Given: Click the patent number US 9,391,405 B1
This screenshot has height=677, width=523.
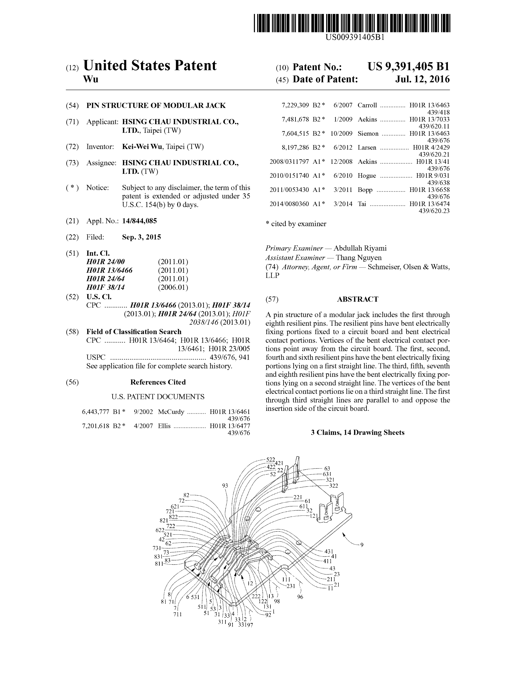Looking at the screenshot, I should click(x=408, y=67).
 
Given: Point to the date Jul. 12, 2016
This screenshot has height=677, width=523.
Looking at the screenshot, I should click(x=422, y=79).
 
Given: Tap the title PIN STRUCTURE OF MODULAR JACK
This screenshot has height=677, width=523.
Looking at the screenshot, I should click(x=156, y=105).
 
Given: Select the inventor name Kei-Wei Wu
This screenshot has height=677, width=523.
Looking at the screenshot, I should click(x=142, y=147).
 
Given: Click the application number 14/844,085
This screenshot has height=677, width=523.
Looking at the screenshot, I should click(x=139, y=221).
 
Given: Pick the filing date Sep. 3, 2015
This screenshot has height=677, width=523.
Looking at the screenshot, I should click(x=141, y=237).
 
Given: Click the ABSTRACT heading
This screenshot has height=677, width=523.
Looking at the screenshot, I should click(x=357, y=299).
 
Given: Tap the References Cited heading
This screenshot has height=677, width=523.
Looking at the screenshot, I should click(x=158, y=382).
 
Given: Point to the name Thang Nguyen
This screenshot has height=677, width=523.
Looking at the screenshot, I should click(x=359, y=258).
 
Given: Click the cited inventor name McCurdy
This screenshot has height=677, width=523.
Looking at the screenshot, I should click(x=171, y=412).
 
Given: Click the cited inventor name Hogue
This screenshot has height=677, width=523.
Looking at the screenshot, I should click(x=367, y=176).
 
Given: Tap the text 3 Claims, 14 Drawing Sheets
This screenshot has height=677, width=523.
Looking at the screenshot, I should click(x=357, y=432).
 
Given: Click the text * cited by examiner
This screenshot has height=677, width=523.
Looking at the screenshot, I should click(x=296, y=224).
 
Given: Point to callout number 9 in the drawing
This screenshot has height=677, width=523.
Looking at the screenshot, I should click(x=362, y=545).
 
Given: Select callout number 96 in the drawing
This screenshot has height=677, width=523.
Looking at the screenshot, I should click(x=300, y=597).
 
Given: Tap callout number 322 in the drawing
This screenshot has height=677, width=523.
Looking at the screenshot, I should click(x=333, y=486).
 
